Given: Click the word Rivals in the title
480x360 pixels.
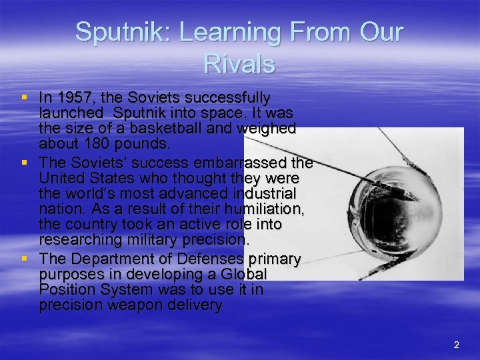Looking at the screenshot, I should [x=239, y=64].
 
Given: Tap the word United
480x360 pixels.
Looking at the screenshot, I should [x=61, y=178].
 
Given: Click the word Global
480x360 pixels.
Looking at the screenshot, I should [x=243, y=274].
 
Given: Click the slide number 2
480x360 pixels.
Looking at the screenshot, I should [x=456, y=345].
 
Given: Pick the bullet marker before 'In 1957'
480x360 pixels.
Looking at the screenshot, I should [x=24, y=97].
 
